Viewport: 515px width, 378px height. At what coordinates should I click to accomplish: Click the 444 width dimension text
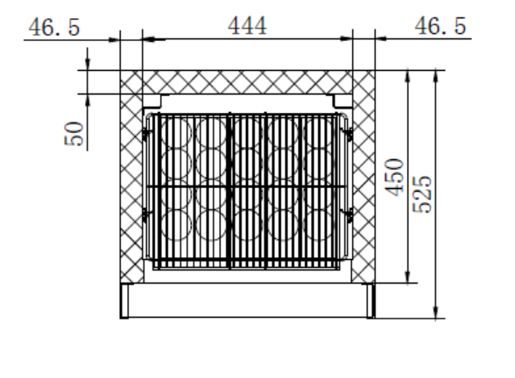point(248,25)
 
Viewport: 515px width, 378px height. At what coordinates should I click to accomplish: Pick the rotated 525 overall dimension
point(421,189)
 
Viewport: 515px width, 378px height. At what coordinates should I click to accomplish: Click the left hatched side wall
point(131,175)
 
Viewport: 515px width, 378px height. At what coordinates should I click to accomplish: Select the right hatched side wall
point(363,175)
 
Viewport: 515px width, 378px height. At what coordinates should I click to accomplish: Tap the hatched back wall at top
point(245,81)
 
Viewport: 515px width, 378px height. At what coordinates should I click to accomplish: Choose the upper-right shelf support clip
point(347,133)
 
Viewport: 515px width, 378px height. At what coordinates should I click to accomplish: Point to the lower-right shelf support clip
point(347,213)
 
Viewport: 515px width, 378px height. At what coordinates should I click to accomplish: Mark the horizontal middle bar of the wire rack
point(247,186)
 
